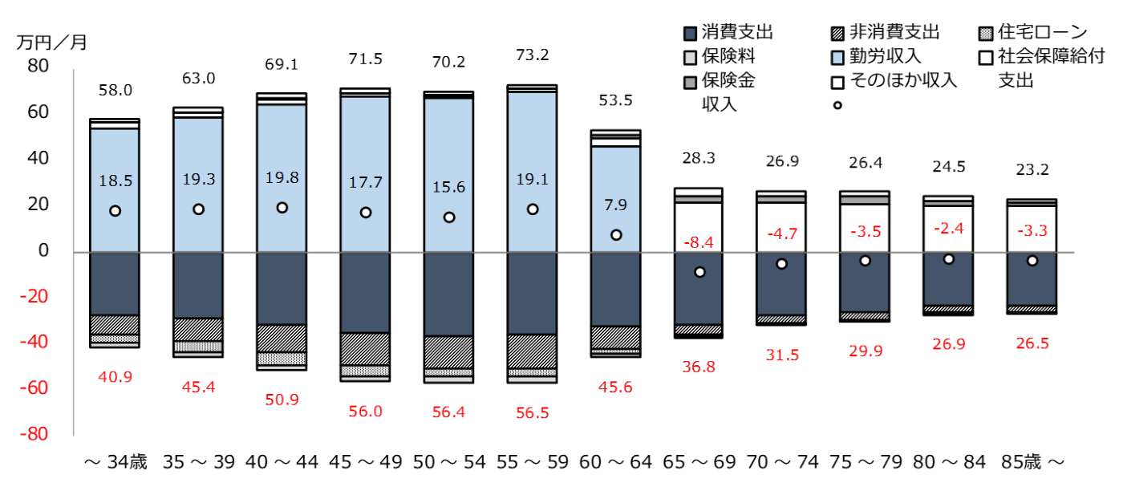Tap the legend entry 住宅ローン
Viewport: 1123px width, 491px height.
click(x=1041, y=33)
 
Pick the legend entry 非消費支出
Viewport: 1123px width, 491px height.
click(x=894, y=33)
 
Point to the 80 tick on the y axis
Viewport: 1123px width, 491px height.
click(x=39, y=67)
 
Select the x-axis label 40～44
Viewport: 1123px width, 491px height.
click(x=282, y=462)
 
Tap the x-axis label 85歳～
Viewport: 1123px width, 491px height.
click(x=1033, y=462)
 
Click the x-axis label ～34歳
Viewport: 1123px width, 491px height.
click(x=116, y=462)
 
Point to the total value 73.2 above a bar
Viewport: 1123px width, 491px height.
click(x=532, y=56)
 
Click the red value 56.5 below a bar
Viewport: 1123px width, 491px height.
click(x=532, y=415)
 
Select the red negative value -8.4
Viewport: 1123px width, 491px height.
click(x=699, y=240)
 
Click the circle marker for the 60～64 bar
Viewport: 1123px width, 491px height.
click(x=616, y=235)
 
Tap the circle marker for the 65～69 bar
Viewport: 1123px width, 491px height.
click(x=699, y=272)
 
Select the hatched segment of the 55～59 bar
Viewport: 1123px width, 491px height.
click(x=532, y=351)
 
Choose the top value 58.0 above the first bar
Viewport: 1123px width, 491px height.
click(x=116, y=91)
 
